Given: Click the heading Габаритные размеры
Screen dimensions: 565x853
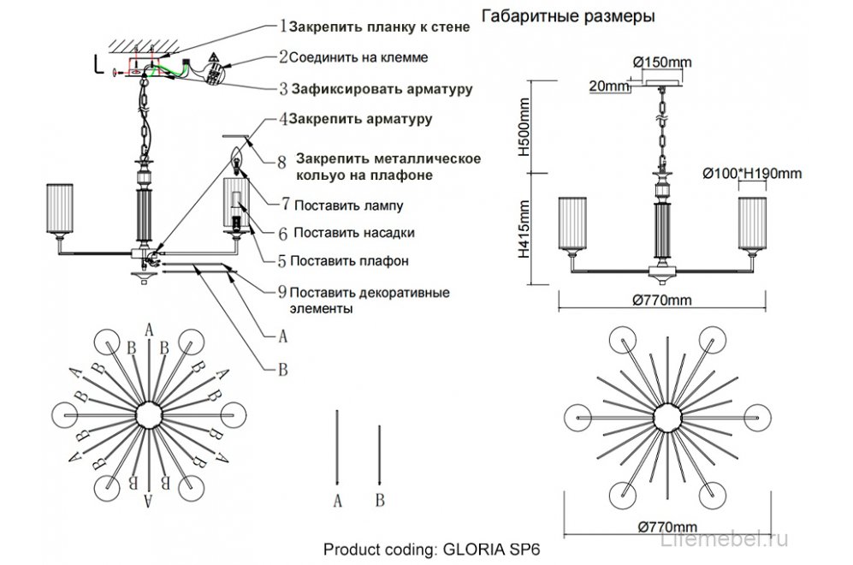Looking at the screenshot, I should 569,16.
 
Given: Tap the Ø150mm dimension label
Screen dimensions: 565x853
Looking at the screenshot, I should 661,62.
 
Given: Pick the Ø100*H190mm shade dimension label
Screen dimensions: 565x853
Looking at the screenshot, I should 752,174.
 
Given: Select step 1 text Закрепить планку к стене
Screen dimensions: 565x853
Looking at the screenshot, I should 380,27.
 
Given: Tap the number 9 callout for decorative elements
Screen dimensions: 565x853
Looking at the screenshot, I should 282,292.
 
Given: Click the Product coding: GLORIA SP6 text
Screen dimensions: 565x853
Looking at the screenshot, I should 433,549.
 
